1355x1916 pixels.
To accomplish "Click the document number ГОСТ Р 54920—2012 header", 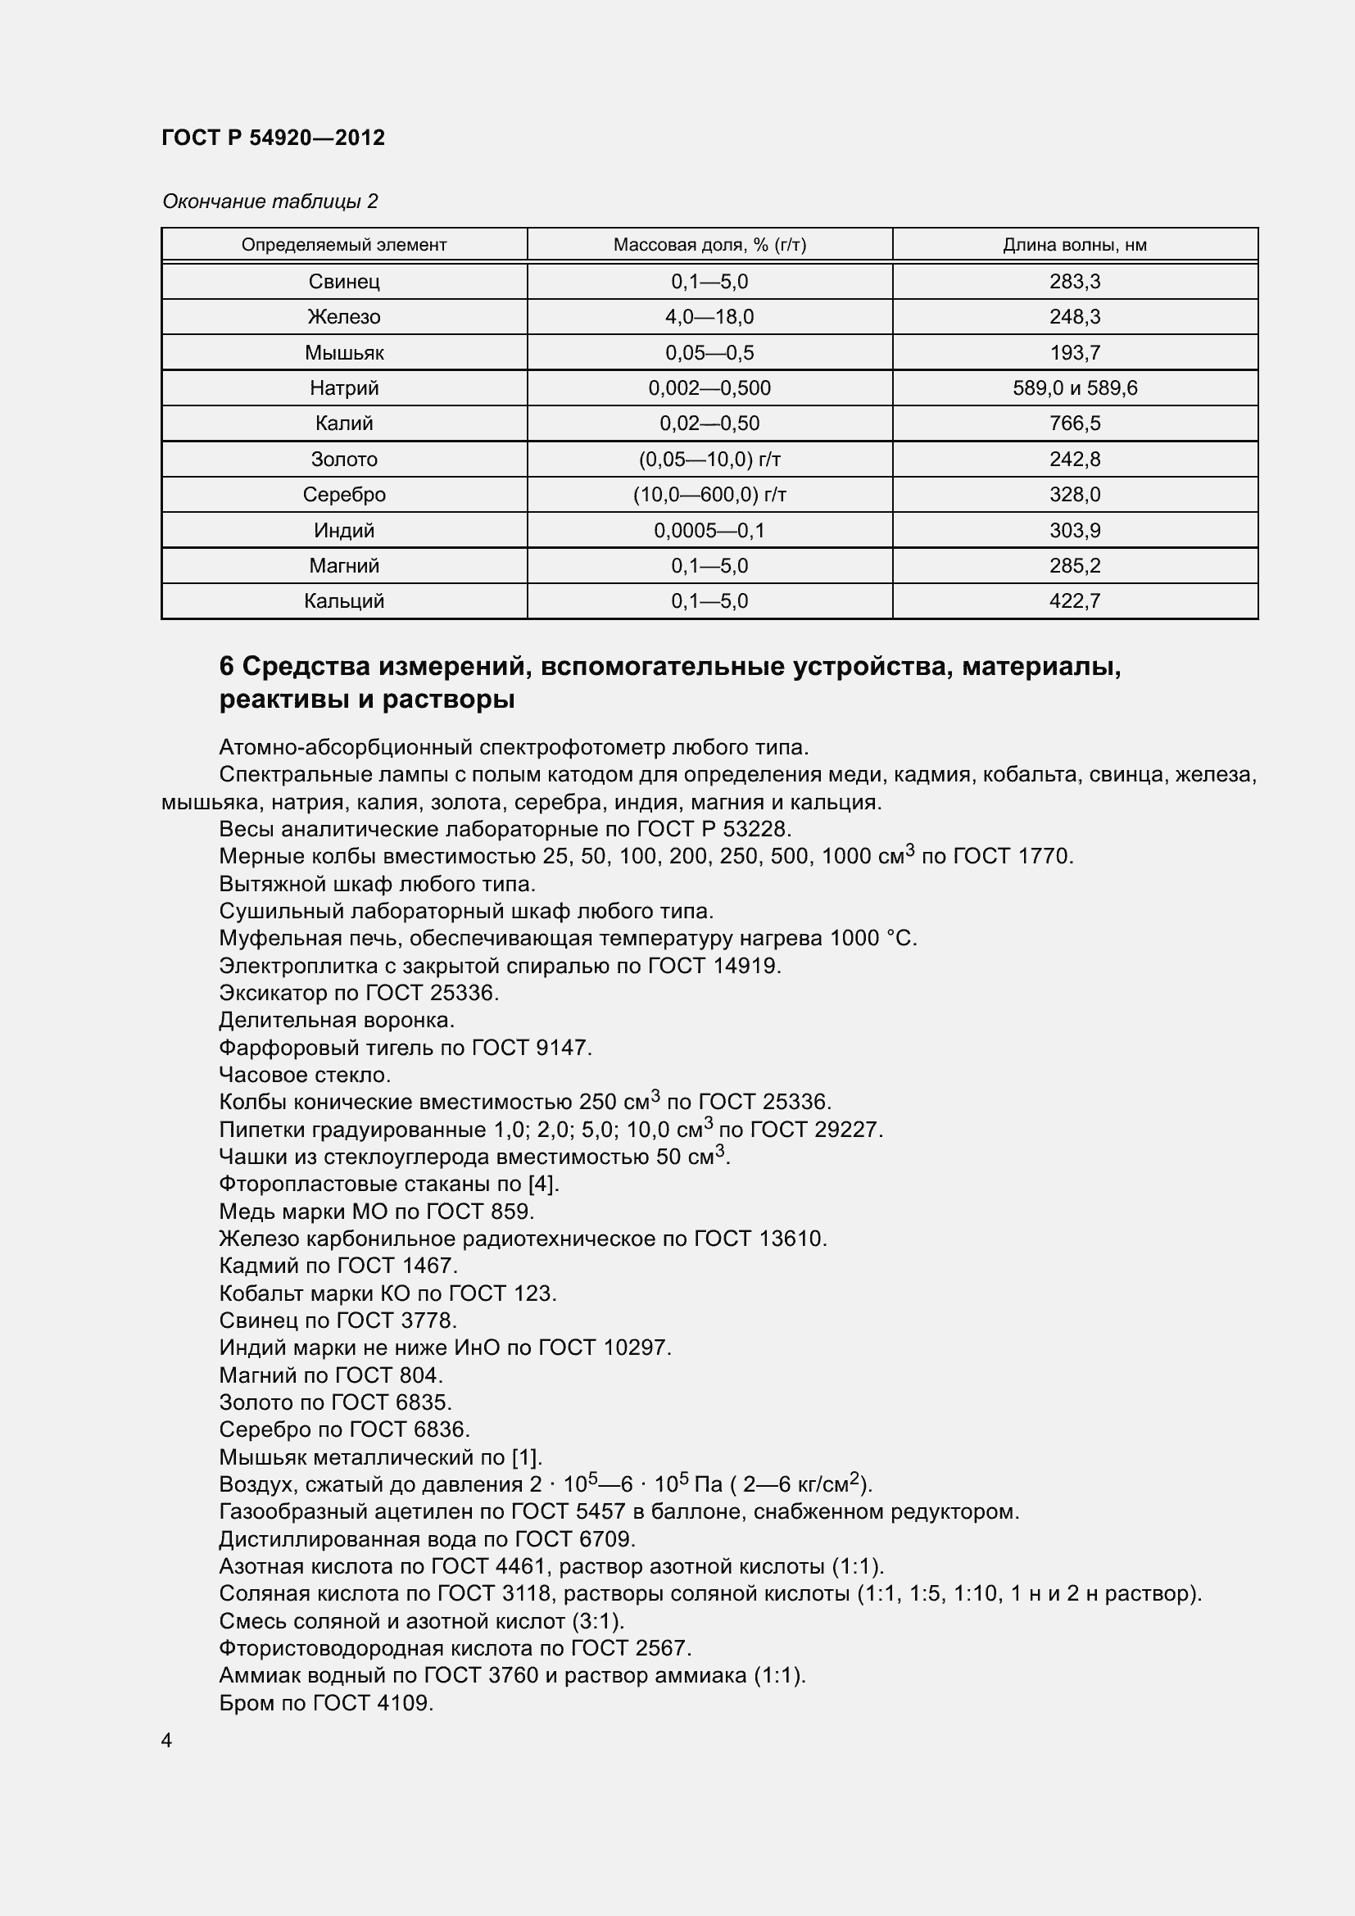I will pos(273,138).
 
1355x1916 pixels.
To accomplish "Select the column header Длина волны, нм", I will pos(1074,244).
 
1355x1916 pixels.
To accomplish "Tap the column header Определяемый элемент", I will pos(344,244).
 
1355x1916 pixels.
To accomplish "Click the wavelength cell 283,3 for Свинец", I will pos(1075,281).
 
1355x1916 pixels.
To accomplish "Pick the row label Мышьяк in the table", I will pos(344,352).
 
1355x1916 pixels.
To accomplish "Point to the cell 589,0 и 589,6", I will pos(1075,388).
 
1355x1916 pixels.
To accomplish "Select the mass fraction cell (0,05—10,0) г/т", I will pos(709,459).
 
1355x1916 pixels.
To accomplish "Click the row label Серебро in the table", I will pos(344,495).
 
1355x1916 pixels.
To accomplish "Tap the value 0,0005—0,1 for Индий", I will pos(709,530).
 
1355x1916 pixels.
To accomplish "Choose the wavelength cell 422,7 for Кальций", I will pos(1075,600).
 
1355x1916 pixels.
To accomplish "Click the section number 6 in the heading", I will pos(227,666).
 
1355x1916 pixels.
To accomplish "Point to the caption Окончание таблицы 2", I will pos(270,202).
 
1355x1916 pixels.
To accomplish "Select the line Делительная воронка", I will pos(336,1020).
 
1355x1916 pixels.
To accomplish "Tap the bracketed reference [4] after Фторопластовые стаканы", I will pos(542,1184).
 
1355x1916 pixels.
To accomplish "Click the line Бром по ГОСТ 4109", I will pos(325,1702).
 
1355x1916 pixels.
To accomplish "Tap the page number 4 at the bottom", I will pos(167,1740).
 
